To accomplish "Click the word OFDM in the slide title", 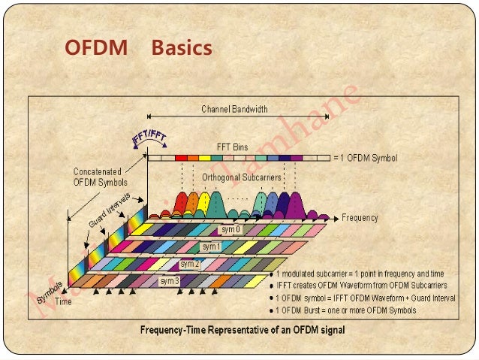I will tap(95, 48).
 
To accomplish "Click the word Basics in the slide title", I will tap(182, 48).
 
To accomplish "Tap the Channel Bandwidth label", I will tap(234, 109).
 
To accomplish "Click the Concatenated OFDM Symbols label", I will tap(101, 177).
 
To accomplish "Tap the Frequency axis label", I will tap(360, 218).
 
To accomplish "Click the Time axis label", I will tap(63, 301).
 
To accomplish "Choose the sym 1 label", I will tap(211, 247).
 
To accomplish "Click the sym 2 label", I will tap(190, 264).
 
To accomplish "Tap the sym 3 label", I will tap(169, 280).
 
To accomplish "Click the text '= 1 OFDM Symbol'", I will tap(365, 159).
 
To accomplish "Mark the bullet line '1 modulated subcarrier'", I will tap(363, 274).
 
